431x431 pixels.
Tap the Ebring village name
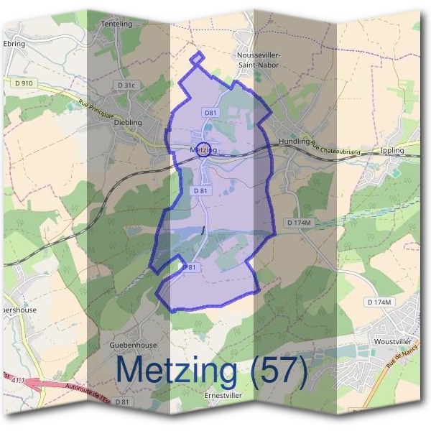click(14, 44)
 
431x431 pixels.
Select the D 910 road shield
click(24, 83)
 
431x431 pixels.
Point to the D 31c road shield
click(125, 85)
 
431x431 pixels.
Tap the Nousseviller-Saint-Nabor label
click(259, 60)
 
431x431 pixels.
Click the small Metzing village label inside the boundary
click(203, 149)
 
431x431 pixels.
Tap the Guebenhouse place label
click(133, 345)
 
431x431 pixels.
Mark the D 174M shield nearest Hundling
click(299, 223)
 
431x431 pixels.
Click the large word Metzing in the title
click(176, 371)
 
